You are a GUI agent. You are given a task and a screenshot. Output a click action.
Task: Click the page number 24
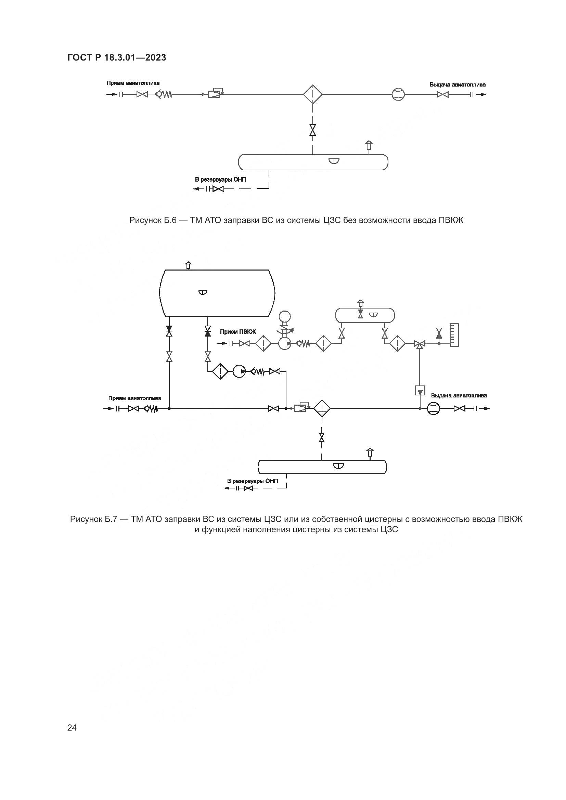pos(72,727)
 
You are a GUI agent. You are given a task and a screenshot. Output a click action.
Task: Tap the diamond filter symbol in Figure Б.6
pos(313,94)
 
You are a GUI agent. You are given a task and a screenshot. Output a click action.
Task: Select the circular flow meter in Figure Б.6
pos(398,94)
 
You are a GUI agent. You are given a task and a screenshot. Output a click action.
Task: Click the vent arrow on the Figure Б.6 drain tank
pos(369,146)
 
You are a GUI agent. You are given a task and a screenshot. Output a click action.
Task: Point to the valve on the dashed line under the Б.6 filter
pos(313,130)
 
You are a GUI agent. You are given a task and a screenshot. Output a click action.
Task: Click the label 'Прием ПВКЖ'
pos(238,332)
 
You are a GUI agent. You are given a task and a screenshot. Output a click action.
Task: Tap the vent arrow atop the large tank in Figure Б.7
pos(188,265)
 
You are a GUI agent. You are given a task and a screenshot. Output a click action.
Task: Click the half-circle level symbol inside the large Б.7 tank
pos(203,292)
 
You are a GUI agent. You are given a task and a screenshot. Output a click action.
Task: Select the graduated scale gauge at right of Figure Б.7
pos(454,335)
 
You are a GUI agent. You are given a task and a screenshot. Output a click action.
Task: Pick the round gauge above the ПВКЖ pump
pos(285,317)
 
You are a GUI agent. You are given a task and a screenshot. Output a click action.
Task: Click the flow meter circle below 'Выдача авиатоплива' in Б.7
pos(434,408)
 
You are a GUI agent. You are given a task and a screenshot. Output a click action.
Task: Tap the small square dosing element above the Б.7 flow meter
pos(420,391)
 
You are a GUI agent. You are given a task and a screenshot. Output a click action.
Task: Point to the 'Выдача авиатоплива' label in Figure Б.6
pos(457,85)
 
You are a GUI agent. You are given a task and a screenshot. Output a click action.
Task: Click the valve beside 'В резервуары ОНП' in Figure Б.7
pos(248,488)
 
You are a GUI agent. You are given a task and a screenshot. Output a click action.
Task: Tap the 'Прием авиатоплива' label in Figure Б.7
pos(134,398)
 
